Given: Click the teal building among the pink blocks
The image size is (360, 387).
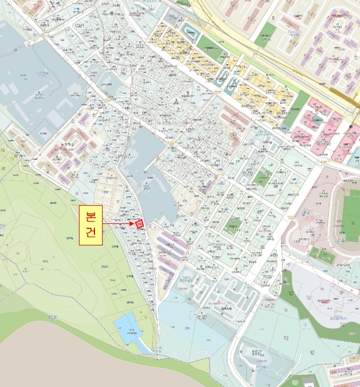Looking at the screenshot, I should tap(318, 119).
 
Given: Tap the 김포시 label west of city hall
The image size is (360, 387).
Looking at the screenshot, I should tap(184, 278).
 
